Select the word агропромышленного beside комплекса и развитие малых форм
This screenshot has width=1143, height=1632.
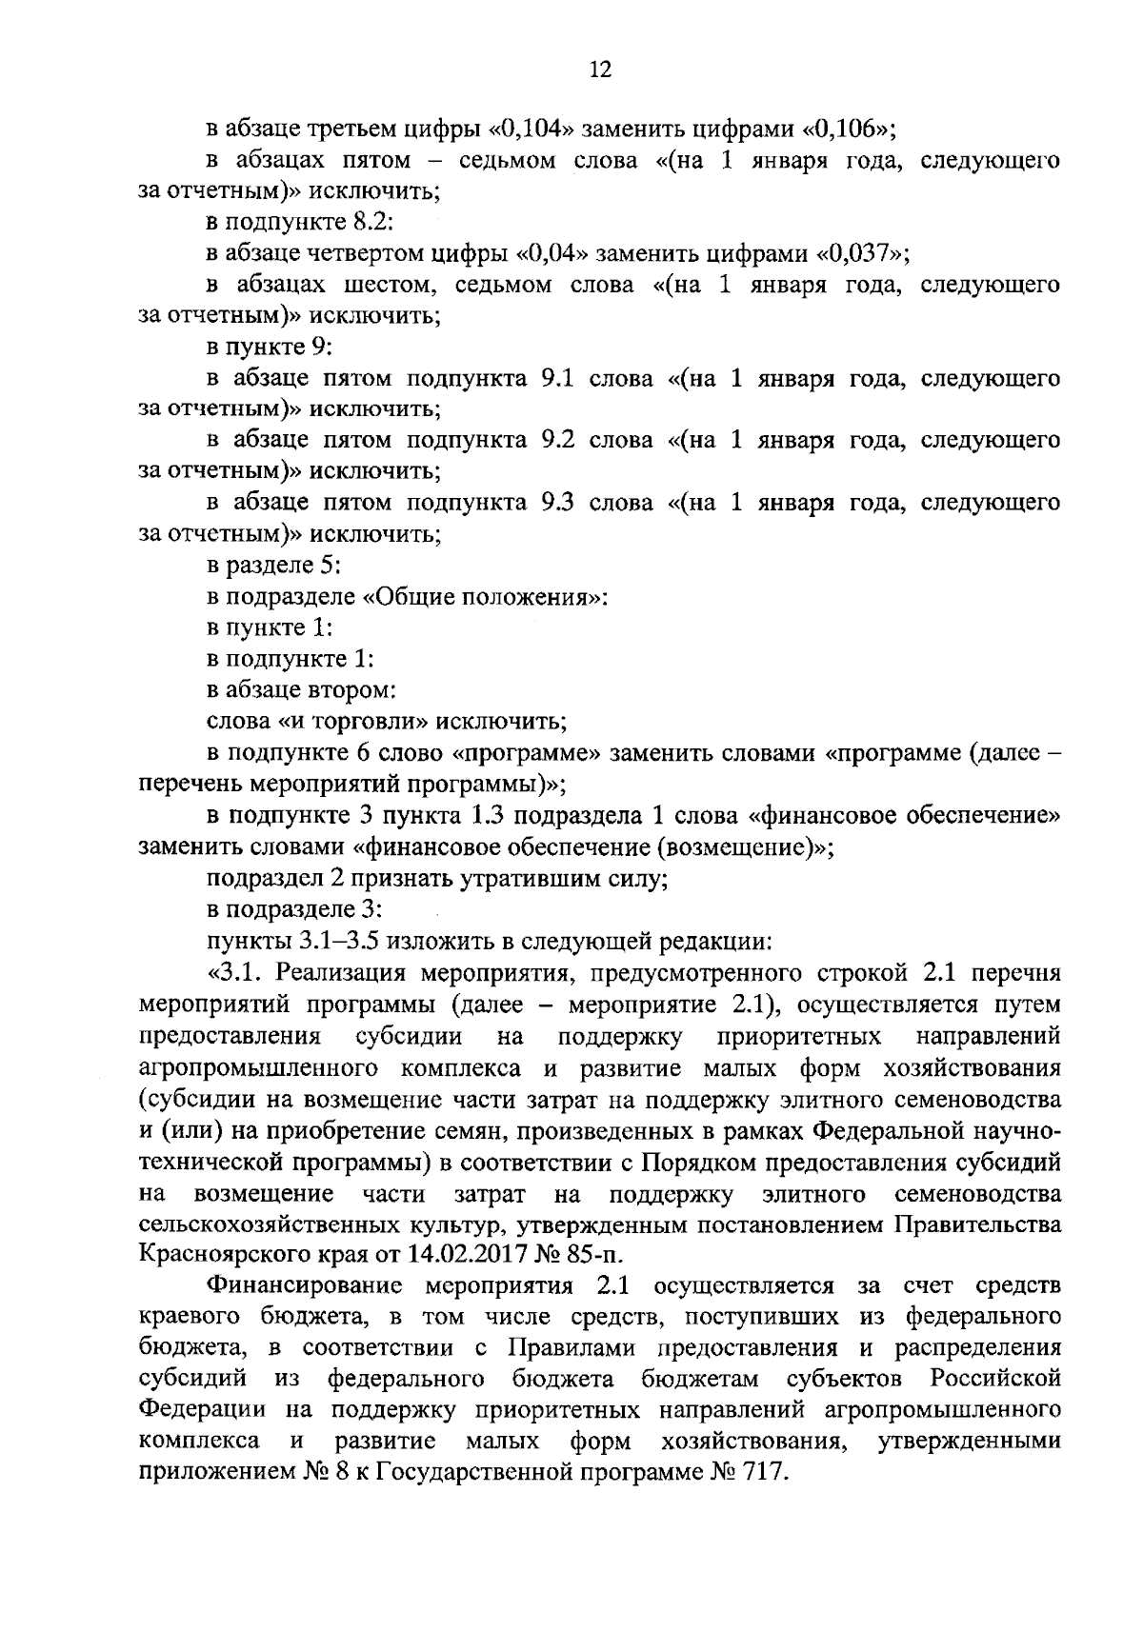(260, 1067)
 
